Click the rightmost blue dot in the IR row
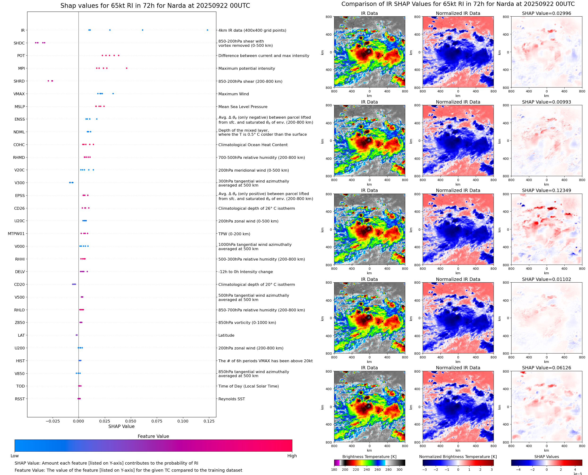coord(207,30)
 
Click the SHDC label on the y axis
coord(19,43)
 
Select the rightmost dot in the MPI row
coord(127,68)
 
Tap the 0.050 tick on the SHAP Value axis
coord(131,421)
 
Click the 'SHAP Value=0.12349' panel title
coord(546,190)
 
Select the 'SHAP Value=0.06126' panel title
coord(546,368)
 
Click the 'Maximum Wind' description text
coord(234,94)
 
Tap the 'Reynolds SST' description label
coord(231,399)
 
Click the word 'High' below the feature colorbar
coord(292,456)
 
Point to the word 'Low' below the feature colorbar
coord(15,456)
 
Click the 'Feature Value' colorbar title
coord(153,436)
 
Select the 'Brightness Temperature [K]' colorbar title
coord(369,457)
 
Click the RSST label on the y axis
coord(20,399)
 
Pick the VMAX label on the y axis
coord(19,94)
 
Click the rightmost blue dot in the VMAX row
coord(113,94)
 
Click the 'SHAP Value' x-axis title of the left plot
coord(121,426)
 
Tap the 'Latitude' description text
coord(226,335)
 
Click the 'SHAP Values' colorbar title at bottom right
coord(546,457)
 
